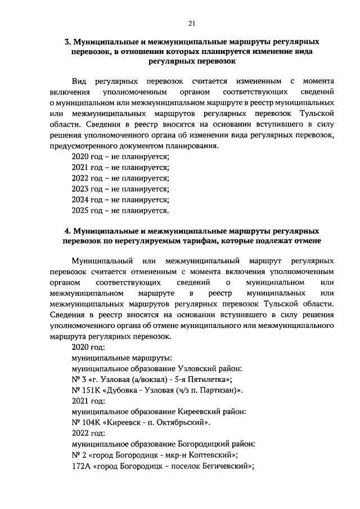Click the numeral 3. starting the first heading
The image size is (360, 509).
[x=68, y=42]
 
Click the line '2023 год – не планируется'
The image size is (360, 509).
[x=120, y=189]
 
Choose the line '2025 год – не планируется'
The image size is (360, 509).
[x=120, y=211]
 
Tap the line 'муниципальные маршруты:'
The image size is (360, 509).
[x=121, y=357]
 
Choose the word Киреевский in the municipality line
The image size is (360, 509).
[x=197, y=411]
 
